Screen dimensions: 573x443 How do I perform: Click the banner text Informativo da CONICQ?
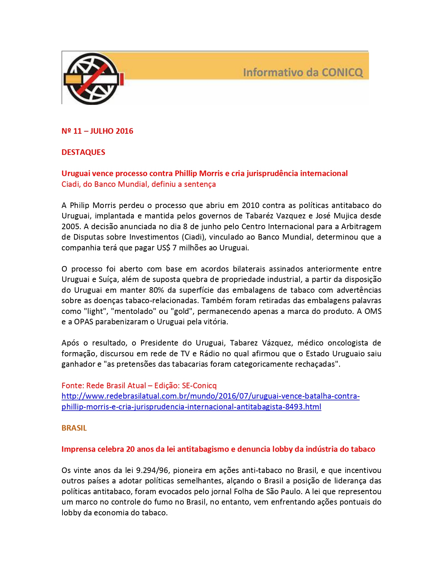[x=303, y=72]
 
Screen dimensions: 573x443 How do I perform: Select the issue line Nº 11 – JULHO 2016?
[x=97, y=131]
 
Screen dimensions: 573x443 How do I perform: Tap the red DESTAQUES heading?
[x=83, y=152]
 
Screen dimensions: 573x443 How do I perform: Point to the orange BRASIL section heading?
[x=74, y=428]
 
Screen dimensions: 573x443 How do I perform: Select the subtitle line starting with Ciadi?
[x=138, y=184]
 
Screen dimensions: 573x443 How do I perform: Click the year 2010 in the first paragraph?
[x=250, y=205]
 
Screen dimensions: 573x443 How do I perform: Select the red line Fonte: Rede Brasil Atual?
[x=139, y=385]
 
